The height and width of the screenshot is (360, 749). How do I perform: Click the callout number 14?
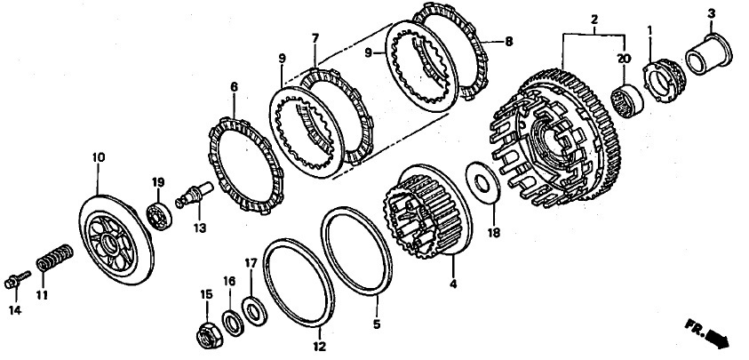[15, 311]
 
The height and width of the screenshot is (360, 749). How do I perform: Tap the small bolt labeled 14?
[17, 280]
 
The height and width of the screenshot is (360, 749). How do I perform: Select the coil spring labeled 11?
[54, 258]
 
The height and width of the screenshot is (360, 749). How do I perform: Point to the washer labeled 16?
[234, 324]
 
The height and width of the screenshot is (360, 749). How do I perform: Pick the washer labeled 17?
[254, 311]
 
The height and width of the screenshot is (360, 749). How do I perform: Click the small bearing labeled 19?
[159, 217]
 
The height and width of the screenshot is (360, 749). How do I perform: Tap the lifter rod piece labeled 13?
[195, 195]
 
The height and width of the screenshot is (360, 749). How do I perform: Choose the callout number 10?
[99, 157]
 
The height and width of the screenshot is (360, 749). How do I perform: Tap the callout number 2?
[594, 20]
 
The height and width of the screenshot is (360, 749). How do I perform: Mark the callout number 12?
[320, 347]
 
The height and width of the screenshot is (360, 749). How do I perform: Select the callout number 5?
[377, 324]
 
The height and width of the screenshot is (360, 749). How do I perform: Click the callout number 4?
[453, 284]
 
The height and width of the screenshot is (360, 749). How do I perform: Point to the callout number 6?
[234, 87]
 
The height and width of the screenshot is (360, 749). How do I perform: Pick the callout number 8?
[508, 42]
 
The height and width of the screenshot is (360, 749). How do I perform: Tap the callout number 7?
[315, 38]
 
